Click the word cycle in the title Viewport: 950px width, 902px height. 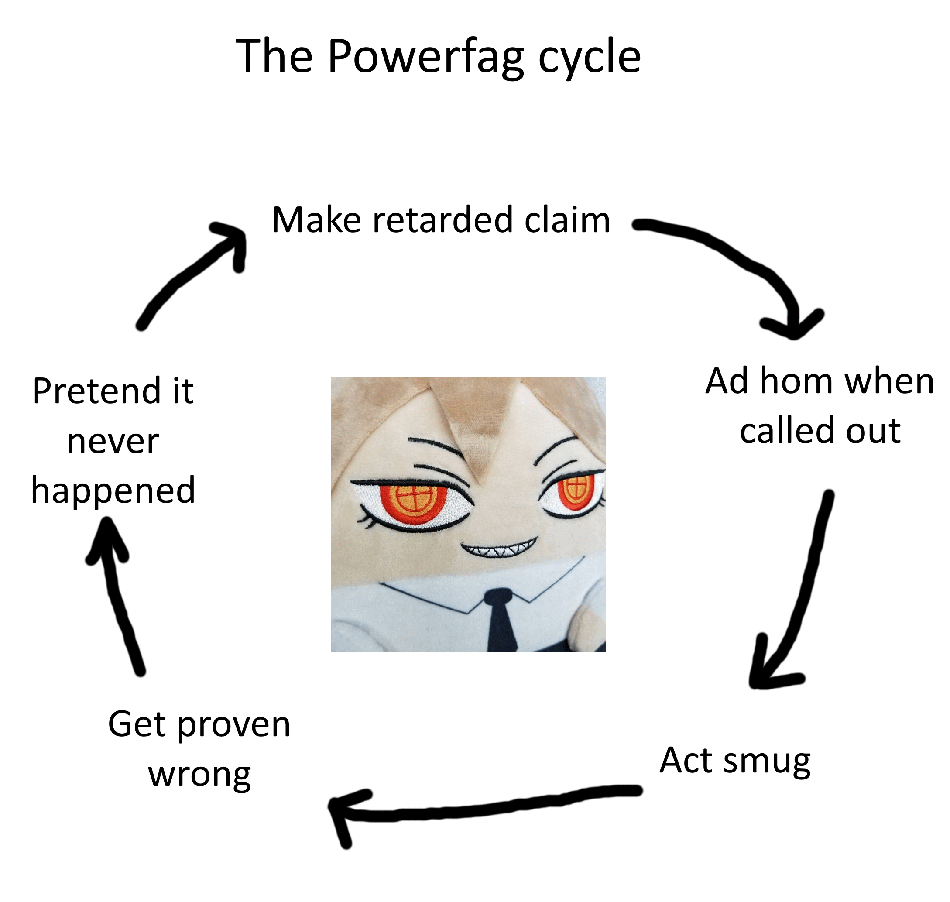(x=589, y=58)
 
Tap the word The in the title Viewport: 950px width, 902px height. (x=274, y=56)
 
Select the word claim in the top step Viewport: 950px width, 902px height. (x=567, y=220)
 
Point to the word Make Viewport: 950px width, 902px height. (x=316, y=220)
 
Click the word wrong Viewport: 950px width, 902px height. (x=199, y=775)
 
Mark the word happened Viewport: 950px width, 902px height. (x=113, y=490)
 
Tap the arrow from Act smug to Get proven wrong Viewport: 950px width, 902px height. (x=481, y=808)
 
